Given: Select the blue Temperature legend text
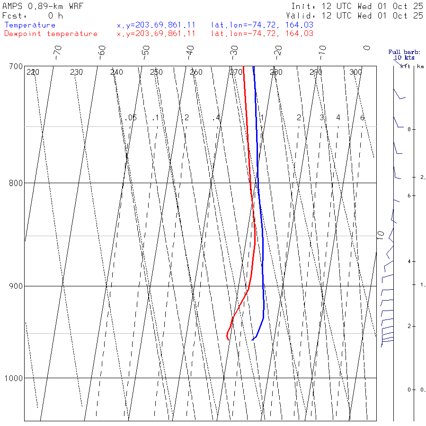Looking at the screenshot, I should (x=30, y=25).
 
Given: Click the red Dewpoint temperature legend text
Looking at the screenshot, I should (x=51, y=34).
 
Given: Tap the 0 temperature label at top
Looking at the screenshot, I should (x=367, y=48).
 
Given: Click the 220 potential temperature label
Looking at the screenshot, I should (x=33, y=72).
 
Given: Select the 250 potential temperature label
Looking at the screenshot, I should (x=156, y=72).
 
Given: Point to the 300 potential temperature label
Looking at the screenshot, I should (x=355, y=72).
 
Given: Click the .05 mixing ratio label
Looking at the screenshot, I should (x=131, y=117).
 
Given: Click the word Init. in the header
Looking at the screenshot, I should (x=303, y=7).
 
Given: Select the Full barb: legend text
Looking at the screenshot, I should (x=401, y=52).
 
